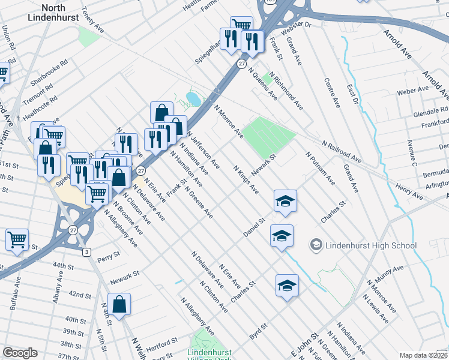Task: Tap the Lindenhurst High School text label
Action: [370, 245]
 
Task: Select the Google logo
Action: [20, 353]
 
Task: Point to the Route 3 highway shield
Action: [87, 251]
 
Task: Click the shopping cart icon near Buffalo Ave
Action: [17, 239]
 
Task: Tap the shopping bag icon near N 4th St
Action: [119, 304]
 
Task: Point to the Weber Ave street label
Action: [413, 91]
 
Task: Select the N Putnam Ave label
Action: [320, 167]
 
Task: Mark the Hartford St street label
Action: [163, 341]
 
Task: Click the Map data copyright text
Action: [423, 355]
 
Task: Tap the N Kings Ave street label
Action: [246, 180]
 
